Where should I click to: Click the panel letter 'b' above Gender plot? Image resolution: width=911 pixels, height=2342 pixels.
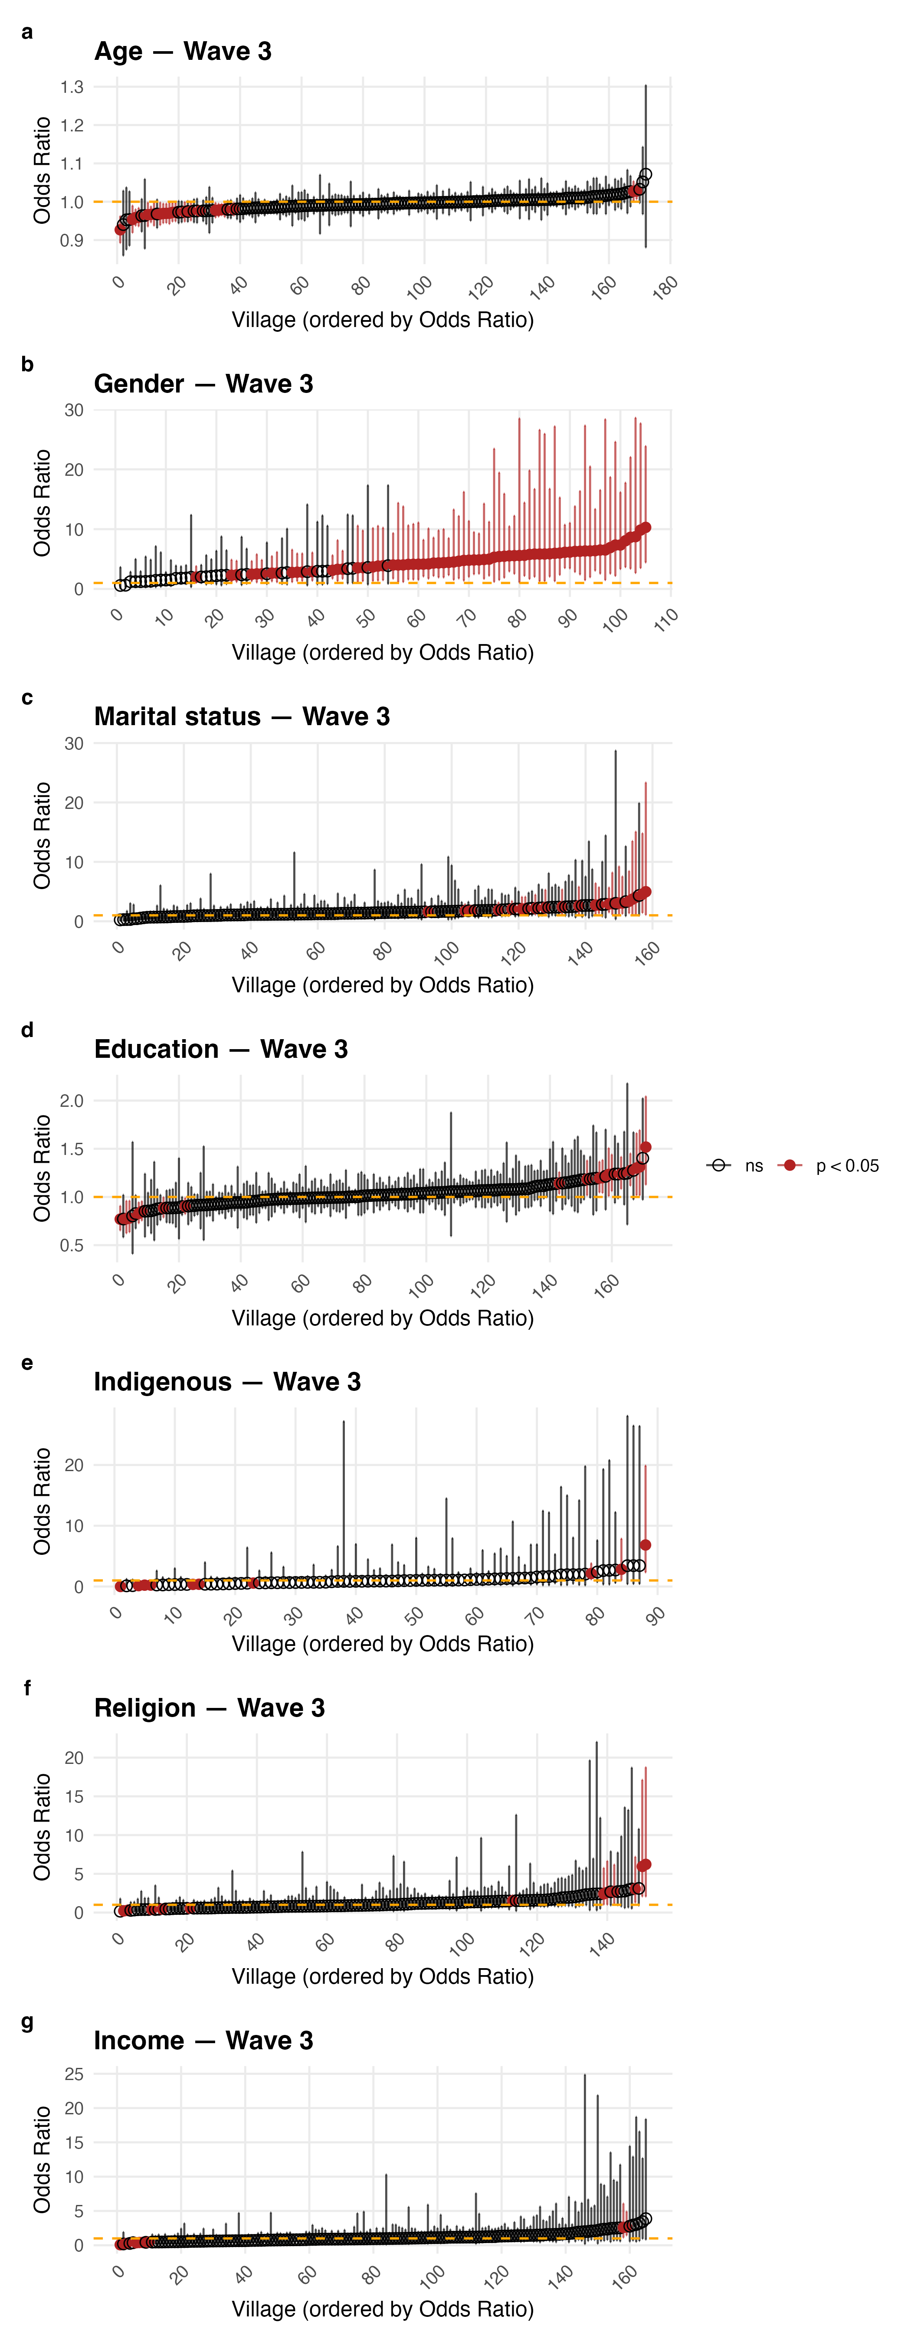pos(27,365)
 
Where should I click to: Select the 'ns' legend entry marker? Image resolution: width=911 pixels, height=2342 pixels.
pos(719,1165)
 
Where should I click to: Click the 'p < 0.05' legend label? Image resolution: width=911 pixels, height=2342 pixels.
pos(846,1165)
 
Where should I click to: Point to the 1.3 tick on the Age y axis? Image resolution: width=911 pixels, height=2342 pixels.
pos(72,87)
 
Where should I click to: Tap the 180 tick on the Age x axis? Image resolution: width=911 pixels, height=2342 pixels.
pos(665,287)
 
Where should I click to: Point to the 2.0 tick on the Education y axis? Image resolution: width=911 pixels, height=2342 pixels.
pos(72,1101)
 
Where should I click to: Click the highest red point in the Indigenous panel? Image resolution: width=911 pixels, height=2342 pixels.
pos(646,1545)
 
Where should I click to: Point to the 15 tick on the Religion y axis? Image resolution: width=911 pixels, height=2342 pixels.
pos(74,1796)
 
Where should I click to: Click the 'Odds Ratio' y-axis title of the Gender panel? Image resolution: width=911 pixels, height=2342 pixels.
pos(42,503)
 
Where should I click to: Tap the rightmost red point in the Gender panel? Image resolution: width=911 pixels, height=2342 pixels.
pos(646,527)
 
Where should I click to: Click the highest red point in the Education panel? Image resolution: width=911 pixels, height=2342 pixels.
pos(646,1147)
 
